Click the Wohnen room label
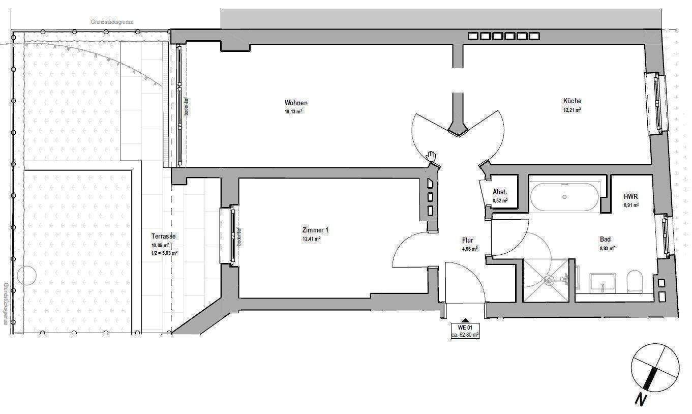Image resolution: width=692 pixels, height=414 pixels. coord(296,103)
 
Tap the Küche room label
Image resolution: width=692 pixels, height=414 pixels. coord(571,101)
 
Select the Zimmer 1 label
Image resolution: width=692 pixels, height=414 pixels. coord(315,230)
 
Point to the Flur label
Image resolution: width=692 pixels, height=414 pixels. coord(468,241)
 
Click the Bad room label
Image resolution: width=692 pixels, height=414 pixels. coord(605,240)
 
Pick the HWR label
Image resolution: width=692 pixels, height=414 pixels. coord(631,196)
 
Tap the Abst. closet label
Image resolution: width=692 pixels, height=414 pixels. coord(499,192)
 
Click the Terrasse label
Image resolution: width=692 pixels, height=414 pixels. coord(164,236)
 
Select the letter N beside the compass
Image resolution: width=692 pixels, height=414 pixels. coord(641,400)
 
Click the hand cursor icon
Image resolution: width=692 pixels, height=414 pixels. coord(432,156)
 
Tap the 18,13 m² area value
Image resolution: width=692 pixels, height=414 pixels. coord(294,112)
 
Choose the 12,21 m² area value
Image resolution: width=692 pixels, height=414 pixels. coord(571,109)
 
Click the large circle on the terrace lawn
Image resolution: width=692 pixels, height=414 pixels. coord(26,277)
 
